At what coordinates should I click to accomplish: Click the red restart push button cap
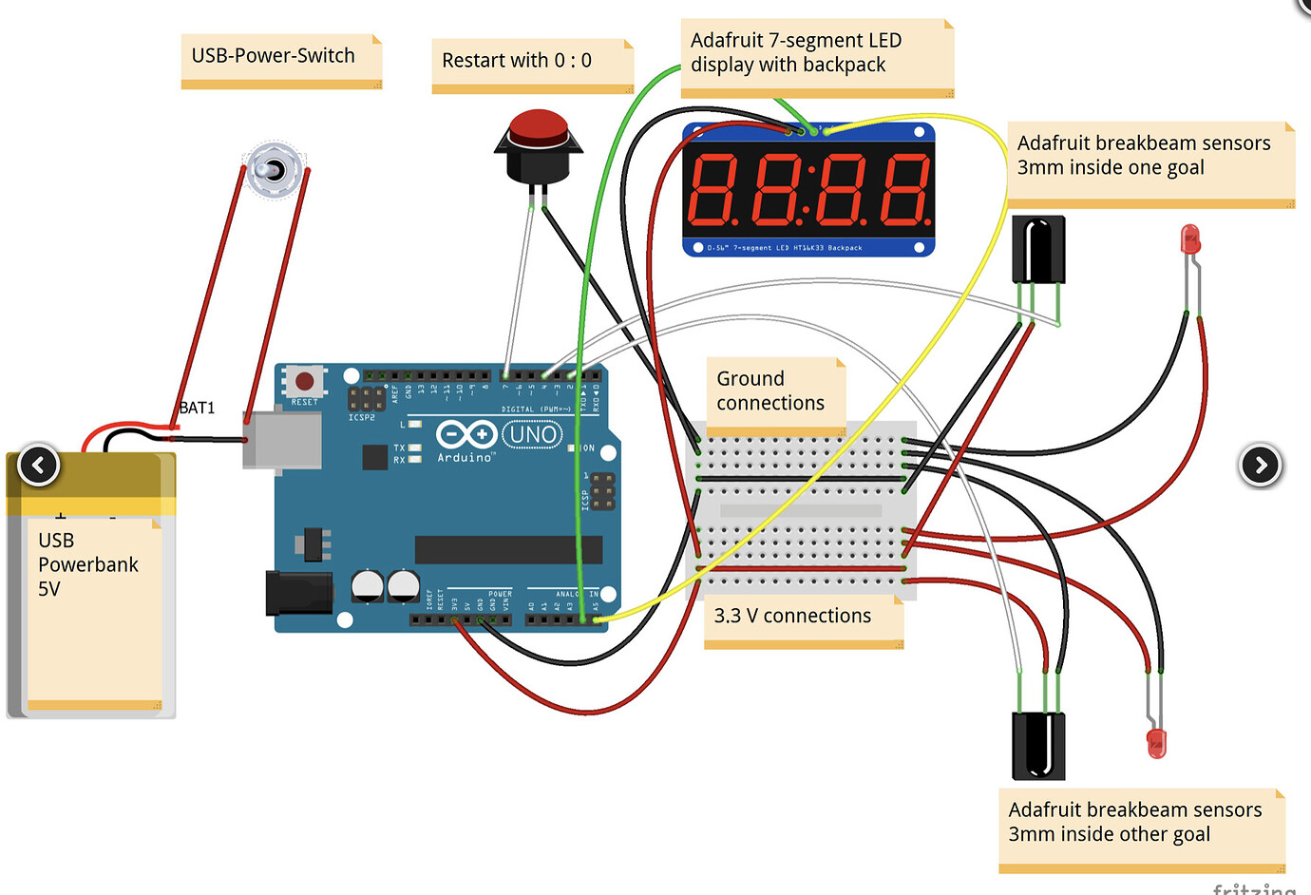(x=539, y=126)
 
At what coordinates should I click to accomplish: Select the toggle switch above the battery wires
(x=274, y=171)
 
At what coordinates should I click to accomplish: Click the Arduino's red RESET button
(x=304, y=382)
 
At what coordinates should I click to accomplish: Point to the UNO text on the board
(x=532, y=435)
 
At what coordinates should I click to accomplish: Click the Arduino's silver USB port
(x=282, y=441)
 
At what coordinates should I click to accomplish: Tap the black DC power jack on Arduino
(x=298, y=593)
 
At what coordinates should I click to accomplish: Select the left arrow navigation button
(x=39, y=465)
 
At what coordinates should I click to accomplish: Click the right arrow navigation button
(x=1261, y=465)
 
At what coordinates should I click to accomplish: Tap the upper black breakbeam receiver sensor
(x=1038, y=249)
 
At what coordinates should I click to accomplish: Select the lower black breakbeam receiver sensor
(x=1038, y=745)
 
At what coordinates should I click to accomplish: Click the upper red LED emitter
(x=1190, y=239)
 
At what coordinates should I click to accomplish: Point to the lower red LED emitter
(x=1156, y=742)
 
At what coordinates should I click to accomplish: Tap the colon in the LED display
(x=807, y=189)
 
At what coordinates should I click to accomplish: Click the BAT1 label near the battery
(x=198, y=408)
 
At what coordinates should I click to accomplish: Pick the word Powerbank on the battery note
(x=88, y=564)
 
